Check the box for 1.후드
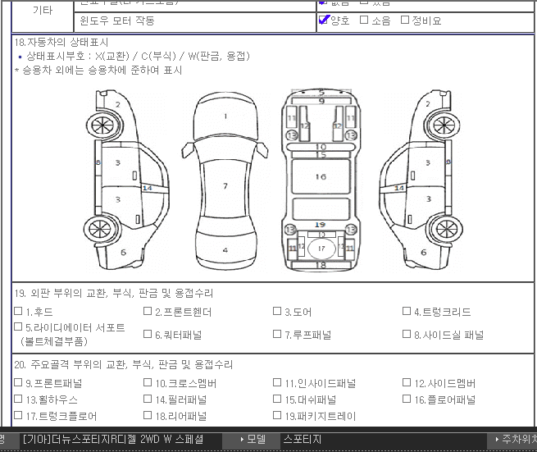tap(18, 312)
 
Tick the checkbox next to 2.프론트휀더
tap(148, 312)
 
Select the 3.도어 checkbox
tap(277, 312)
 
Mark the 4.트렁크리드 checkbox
tap(407, 312)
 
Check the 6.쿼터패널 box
tap(148, 334)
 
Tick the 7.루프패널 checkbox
tap(277, 334)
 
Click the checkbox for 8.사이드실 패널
tap(407, 334)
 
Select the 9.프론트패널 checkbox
tap(18, 383)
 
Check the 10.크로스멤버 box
tap(148, 383)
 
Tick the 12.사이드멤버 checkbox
tap(407, 383)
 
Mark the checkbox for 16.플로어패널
tap(407, 399)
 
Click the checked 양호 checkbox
tap(324, 20)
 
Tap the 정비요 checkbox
tap(405, 20)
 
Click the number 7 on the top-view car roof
tap(225, 186)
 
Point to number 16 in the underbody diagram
tap(321, 176)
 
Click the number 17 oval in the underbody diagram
tap(321, 248)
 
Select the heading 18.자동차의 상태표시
tap(62, 42)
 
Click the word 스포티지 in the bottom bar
tap(302, 440)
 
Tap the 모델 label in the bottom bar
tap(256, 440)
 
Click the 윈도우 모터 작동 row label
tap(117, 21)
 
